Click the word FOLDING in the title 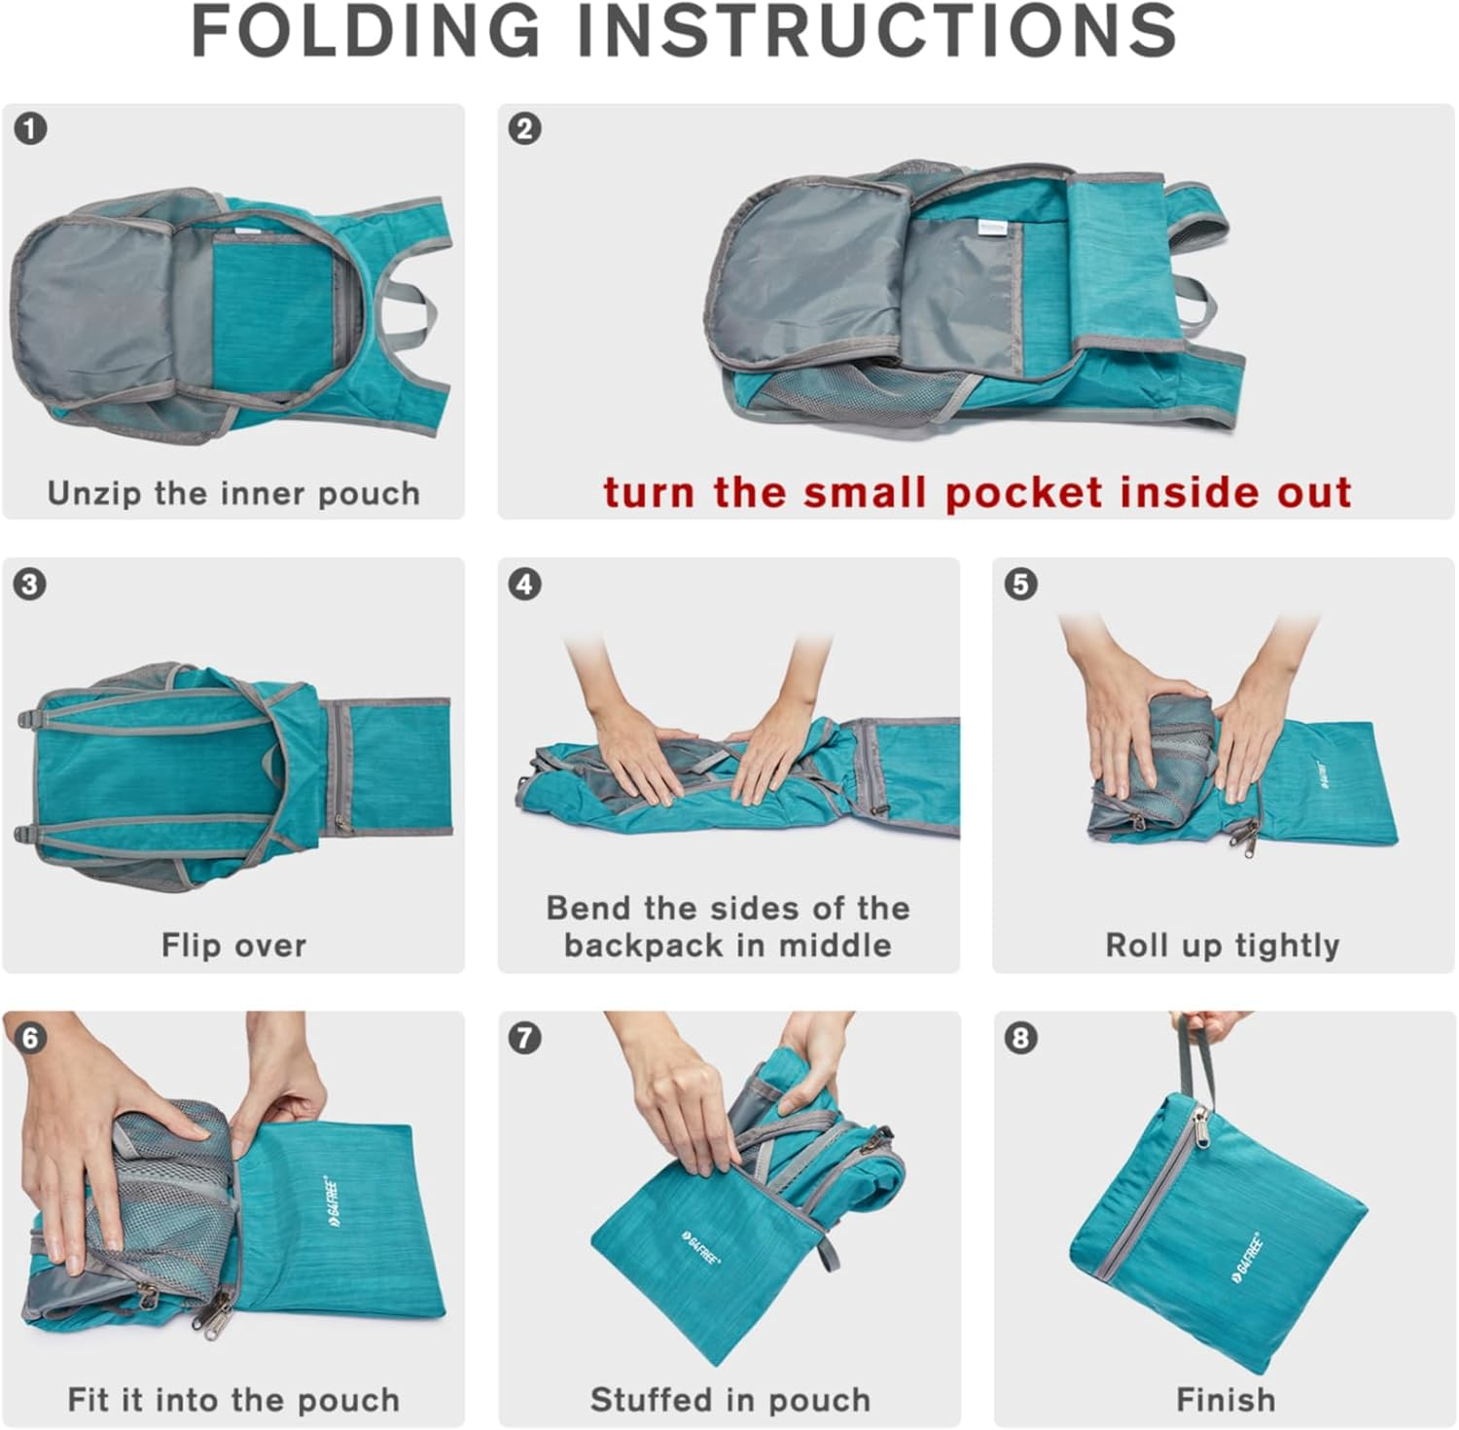365,31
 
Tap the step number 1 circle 31,129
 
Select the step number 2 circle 525,129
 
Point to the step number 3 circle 31,585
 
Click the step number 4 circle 525,585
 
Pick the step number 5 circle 1020,585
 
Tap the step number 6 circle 31,1038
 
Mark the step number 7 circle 525,1038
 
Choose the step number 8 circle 1020,1038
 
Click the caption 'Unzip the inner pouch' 233,493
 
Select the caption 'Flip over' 233,945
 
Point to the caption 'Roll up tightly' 1223,945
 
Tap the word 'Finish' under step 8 1226,1399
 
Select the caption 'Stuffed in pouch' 729,1399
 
